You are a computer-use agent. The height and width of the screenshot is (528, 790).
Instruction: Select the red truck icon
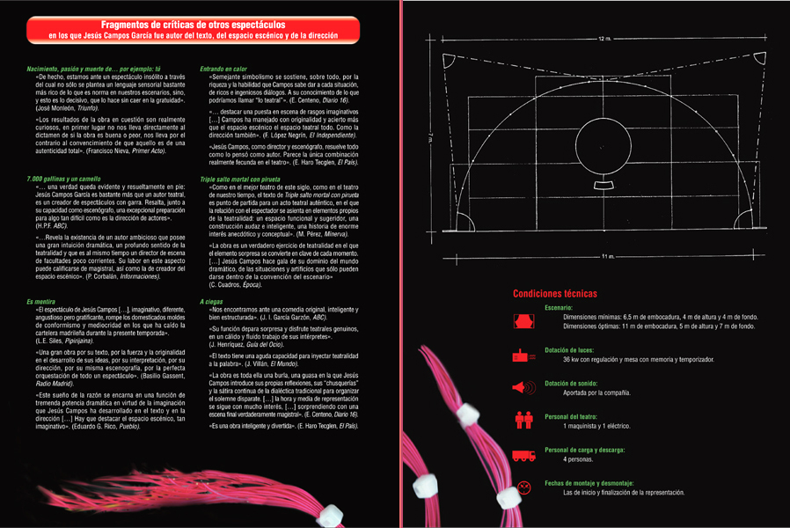point(523,454)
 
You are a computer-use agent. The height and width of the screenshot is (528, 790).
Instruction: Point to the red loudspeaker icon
point(523,387)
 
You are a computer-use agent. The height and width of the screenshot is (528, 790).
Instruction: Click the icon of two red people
point(523,421)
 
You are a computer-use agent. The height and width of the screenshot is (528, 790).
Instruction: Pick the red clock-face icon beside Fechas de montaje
point(523,487)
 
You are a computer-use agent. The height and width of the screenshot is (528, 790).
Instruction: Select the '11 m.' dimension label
point(607,256)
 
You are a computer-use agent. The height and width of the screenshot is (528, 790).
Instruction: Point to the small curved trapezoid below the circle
point(602,185)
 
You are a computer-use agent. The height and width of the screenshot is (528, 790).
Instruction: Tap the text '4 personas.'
point(578,458)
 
